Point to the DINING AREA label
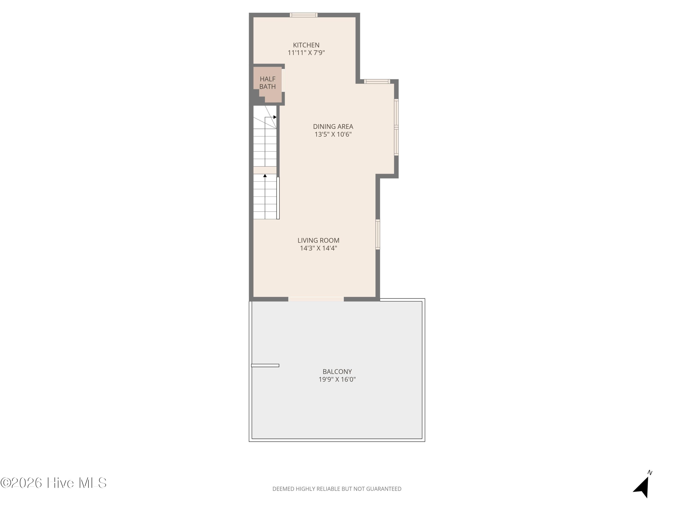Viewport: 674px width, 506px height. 333,127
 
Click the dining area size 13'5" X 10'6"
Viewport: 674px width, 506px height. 333,134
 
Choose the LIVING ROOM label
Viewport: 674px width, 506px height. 318,240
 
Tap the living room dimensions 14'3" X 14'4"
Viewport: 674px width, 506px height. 318,248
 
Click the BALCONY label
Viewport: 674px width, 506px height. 337,372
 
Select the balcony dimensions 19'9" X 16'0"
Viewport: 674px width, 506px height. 337,379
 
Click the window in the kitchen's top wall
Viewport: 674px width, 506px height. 304,15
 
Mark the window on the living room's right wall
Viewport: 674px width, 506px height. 378,234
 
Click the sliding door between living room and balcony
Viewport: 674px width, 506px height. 316,299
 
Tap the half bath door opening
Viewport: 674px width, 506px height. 283,80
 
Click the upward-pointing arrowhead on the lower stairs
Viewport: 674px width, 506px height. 265,176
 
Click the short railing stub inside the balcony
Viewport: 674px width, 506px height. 265,365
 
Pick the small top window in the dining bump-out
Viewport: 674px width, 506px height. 377,81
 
